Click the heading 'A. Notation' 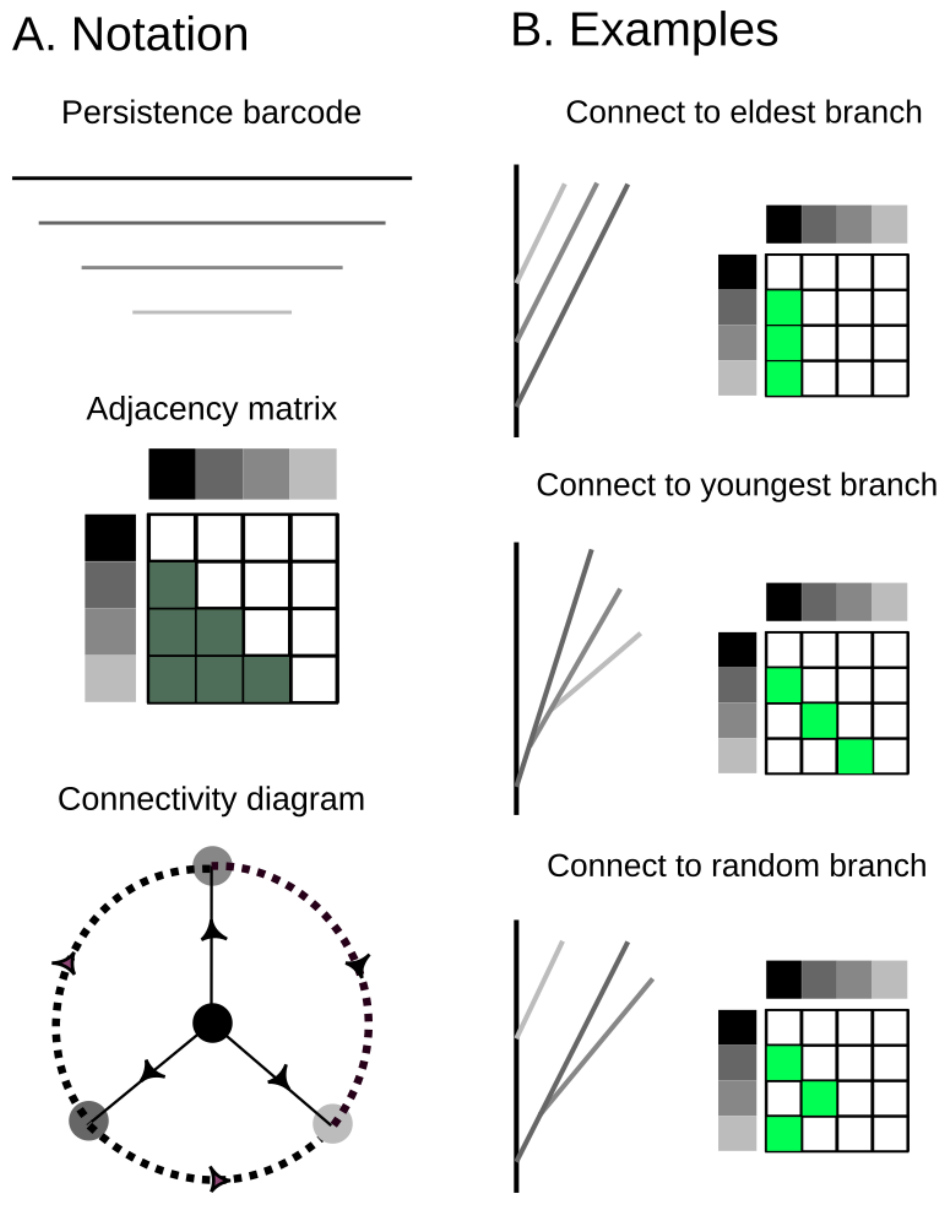pos(130,35)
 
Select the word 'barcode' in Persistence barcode pos(302,113)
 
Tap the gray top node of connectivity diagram pos(212,866)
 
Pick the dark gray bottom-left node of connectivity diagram pos(89,1120)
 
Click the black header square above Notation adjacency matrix pos(172,474)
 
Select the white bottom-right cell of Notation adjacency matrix pos(314,679)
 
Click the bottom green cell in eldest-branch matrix pos(784,378)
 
